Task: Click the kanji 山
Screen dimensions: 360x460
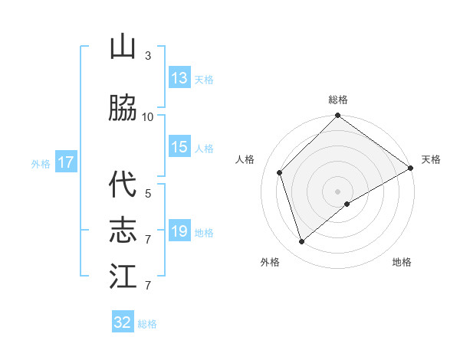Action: click(x=123, y=47)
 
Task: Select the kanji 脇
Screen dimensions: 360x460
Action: click(x=123, y=108)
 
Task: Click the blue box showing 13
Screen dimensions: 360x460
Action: click(x=179, y=78)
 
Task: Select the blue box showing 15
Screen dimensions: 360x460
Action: click(x=179, y=147)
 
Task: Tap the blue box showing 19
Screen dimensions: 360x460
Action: click(x=179, y=231)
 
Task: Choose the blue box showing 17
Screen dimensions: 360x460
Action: click(x=65, y=162)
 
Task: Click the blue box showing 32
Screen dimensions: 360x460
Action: click(x=123, y=322)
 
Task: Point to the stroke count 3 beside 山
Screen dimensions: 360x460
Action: click(x=148, y=56)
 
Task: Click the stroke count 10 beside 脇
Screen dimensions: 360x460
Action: click(x=148, y=116)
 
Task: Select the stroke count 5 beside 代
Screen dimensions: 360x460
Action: click(x=148, y=193)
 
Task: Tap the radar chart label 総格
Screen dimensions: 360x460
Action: click(x=338, y=100)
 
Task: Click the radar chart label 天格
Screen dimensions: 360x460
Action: click(x=431, y=159)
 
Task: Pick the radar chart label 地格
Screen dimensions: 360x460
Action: click(x=402, y=262)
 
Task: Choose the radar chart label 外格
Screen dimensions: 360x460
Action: click(x=270, y=262)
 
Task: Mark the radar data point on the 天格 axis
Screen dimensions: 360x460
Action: click(x=411, y=169)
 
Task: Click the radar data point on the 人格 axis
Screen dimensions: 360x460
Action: click(x=280, y=172)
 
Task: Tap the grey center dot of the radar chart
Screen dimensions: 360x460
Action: click(x=337, y=191)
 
